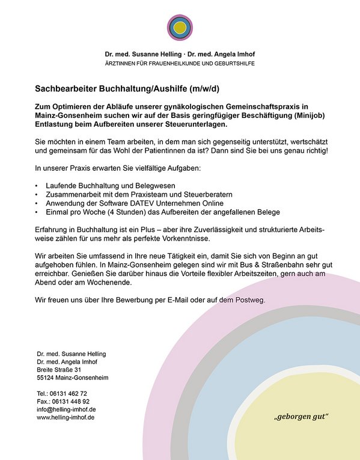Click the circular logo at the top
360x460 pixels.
(x=180, y=27)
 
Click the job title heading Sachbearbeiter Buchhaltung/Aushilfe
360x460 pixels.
(x=127, y=89)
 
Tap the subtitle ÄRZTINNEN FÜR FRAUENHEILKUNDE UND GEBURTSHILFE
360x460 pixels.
(x=180, y=63)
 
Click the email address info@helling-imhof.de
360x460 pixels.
(x=66, y=409)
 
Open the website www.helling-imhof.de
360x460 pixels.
(x=66, y=417)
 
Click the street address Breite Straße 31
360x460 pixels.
(x=59, y=370)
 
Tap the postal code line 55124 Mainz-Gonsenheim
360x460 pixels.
(x=72, y=378)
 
